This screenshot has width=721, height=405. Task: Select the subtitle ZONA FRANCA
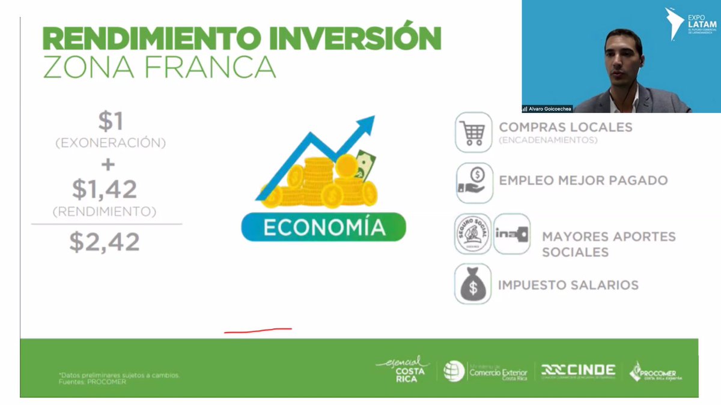point(159,67)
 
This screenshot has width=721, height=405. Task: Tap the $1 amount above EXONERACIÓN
point(111,122)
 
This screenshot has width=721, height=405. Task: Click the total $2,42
point(105,241)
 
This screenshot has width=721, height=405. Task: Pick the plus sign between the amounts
point(109,164)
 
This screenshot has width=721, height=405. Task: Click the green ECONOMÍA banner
point(323,227)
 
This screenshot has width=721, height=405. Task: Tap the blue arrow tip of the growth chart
point(367,124)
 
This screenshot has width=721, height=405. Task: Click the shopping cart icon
point(473,132)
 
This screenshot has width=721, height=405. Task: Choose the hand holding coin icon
point(473,182)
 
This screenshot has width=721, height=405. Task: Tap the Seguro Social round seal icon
point(473,234)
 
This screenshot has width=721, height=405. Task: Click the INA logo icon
point(511,233)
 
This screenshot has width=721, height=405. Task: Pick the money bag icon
point(473,284)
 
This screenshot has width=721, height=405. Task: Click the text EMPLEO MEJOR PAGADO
point(583,180)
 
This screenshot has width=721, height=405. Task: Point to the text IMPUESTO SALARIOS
point(568,285)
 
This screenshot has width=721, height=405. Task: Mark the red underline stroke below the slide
point(258,329)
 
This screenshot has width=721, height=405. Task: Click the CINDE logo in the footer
point(578,370)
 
